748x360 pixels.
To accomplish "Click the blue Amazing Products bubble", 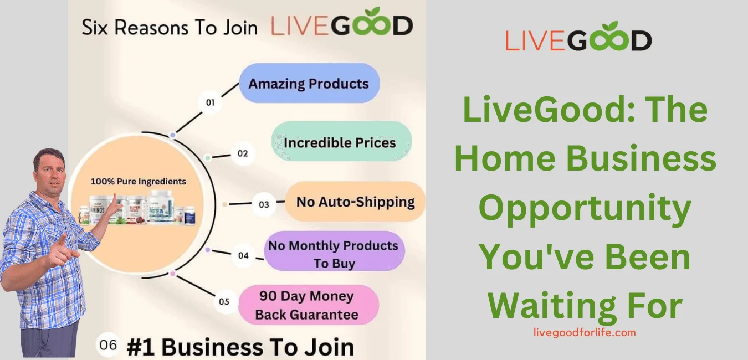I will tap(309, 84).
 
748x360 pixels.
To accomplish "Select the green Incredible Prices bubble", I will tap(341, 142).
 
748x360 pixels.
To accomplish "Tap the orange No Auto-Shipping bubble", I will tap(355, 202).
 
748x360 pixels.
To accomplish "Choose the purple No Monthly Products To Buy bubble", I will tap(334, 254).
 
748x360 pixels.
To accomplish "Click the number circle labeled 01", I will tap(210, 102).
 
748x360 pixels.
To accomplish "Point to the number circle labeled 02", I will tap(243, 153).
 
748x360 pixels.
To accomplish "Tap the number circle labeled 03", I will tap(264, 204).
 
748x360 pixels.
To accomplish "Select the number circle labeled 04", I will tap(243, 255).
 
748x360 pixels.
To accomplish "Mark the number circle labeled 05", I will tap(224, 302).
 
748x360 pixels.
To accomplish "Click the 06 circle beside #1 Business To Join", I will tap(109, 345).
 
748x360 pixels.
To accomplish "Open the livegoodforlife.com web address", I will tap(584, 333).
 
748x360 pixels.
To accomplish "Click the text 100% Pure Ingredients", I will tap(138, 181).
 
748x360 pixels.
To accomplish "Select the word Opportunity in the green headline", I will tap(585, 208).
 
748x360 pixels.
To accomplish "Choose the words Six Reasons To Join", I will tap(170, 28).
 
